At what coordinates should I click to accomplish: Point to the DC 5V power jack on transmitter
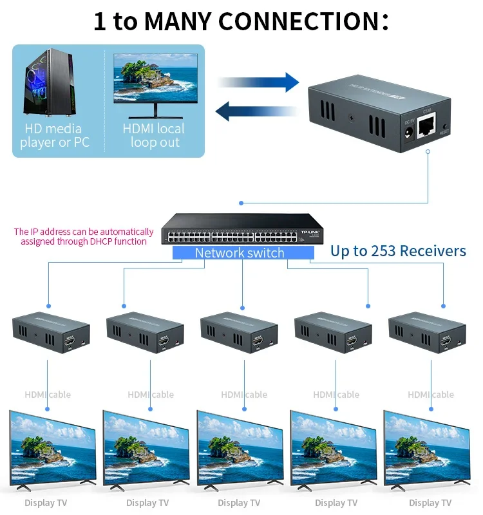[x=408, y=131]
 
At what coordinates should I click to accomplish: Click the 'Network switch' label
[x=240, y=253]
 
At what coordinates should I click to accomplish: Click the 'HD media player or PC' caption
[x=54, y=135]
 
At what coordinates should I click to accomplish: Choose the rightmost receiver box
[x=427, y=333]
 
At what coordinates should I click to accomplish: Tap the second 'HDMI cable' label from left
[x=151, y=395]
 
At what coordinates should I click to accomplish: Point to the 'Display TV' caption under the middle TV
[x=239, y=503]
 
